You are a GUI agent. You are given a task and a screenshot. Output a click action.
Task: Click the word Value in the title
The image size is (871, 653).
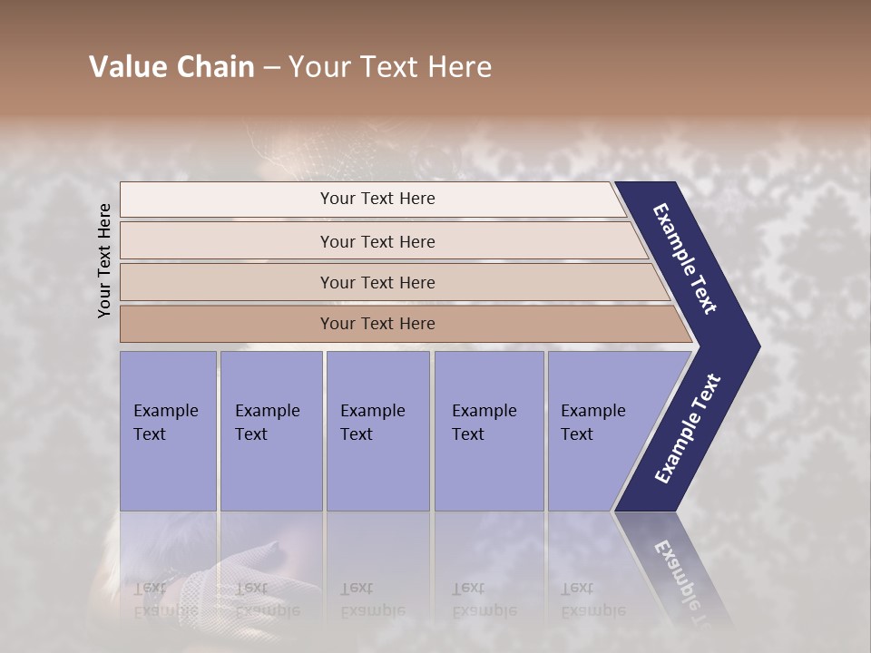(x=126, y=67)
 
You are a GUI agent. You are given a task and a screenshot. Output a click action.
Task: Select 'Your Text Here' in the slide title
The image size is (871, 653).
(x=390, y=67)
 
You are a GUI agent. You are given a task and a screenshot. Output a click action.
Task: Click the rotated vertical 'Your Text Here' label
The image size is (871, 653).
(x=104, y=260)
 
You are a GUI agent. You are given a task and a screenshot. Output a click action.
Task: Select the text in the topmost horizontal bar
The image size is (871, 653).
(x=377, y=199)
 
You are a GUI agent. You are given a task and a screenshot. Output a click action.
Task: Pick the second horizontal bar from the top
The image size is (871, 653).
(x=377, y=241)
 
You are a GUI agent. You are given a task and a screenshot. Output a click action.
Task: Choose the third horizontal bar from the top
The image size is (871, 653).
(x=377, y=283)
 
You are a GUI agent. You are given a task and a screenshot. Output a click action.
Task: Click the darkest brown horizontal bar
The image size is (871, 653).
(x=377, y=324)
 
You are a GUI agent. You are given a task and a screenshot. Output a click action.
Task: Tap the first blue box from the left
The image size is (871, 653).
(x=168, y=431)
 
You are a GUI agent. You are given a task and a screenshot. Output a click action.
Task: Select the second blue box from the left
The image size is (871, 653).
(x=271, y=431)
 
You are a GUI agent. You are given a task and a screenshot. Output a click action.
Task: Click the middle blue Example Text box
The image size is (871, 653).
(x=377, y=431)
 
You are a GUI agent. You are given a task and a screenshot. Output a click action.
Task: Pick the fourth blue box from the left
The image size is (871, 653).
(x=489, y=431)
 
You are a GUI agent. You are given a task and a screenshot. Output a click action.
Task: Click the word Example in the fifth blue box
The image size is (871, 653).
(x=592, y=411)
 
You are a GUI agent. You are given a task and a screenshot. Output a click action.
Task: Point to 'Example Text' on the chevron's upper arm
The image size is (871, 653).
(x=685, y=258)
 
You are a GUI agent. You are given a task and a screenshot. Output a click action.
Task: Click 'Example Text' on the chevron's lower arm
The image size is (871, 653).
(x=688, y=428)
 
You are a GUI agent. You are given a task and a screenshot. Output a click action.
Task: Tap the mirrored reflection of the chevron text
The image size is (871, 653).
(x=685, y=580)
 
